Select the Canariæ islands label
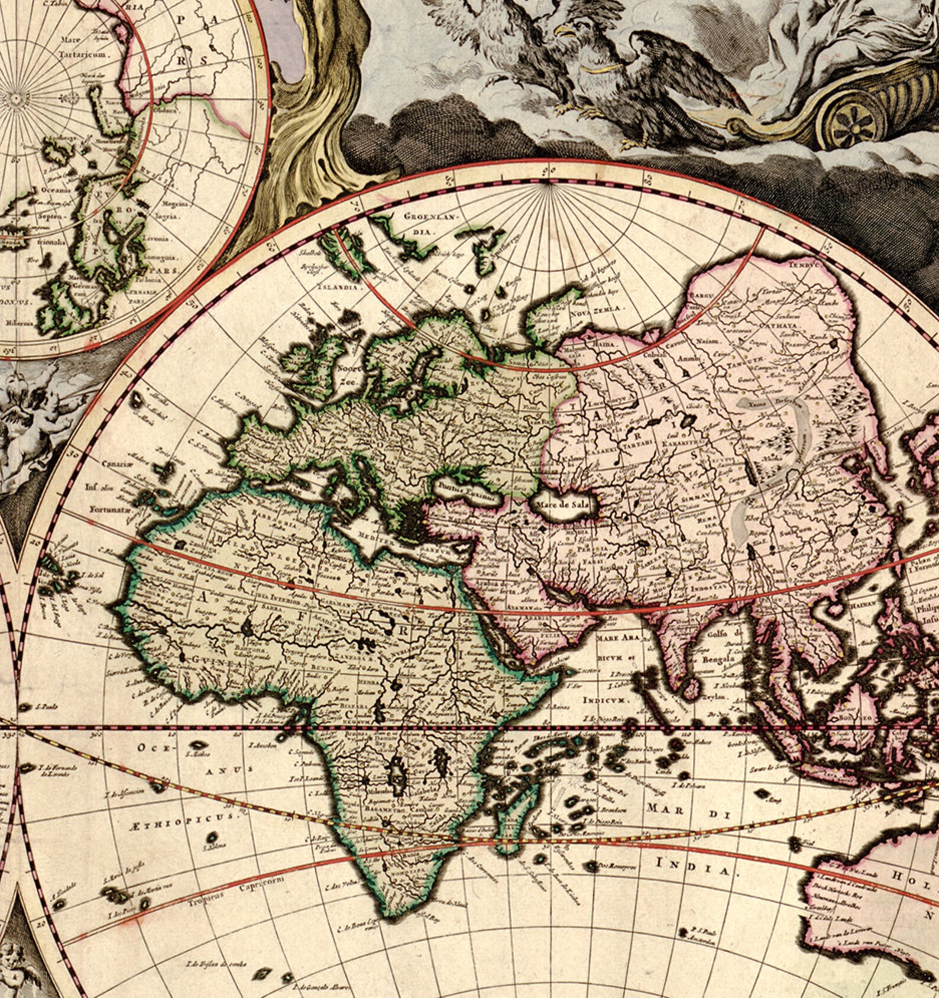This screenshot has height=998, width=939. point(114,464)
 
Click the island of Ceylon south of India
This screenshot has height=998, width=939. point(690,688)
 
